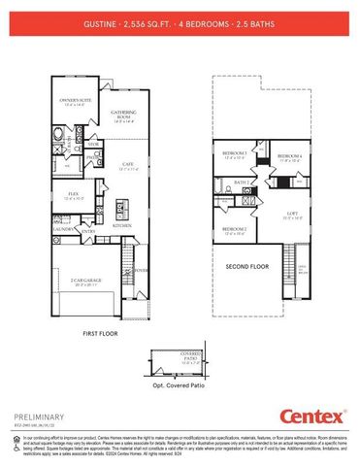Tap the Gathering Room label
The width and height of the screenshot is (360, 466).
123,114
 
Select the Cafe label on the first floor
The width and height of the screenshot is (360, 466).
127,166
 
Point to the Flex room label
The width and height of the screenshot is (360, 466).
73,194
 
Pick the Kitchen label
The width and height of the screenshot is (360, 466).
122,225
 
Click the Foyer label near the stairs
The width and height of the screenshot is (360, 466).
141,270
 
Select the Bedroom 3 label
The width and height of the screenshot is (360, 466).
235,153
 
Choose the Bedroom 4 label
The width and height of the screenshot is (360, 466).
290,156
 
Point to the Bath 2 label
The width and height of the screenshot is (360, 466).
243,182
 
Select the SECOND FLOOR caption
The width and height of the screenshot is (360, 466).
246,265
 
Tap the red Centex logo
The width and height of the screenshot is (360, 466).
312,417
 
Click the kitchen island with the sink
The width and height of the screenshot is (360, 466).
121,209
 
